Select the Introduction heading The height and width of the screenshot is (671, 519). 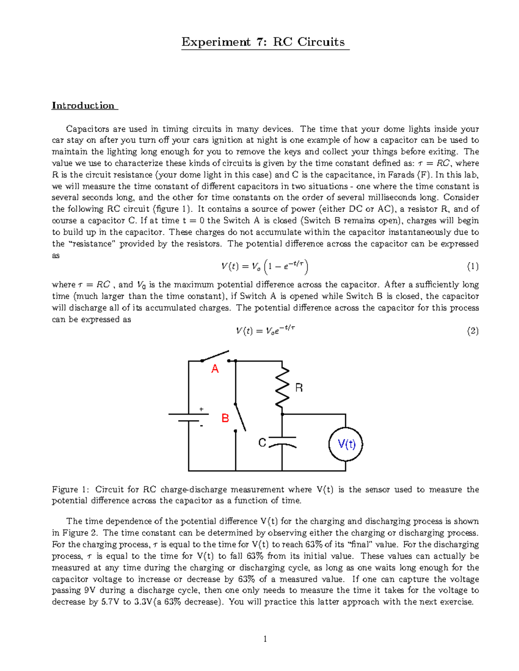pyautogui.click(x=83, y=105)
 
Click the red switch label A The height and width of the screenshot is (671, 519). pyautogui.click(x=215, y=369)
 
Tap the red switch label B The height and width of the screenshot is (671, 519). pyautogui.click(x=225, y=418)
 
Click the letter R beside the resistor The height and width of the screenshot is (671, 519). pyautogui.click(x=299, y=388)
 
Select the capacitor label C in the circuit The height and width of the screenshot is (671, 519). pyautogui.click(x=262, y=443)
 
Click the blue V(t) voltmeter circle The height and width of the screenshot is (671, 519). pyautogui.click(x=345, y=444)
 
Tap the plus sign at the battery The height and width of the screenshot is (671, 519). pyautogui.click(x=201, y=409)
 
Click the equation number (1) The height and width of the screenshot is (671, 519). pyautogui.click(x=472, y=267)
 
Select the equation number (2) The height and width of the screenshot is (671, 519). pyautogui.click(x=472, y=331)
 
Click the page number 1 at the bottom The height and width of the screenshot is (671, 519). pyautogui.click(x=265, y=639)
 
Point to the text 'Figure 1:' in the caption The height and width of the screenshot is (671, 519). pyautogui.click(x=71, y=490)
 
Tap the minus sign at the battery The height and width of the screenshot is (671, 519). pyautogui.click(x=201, y=426)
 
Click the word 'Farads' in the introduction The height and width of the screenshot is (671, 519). pyautogui.click(x=402, y=175)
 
